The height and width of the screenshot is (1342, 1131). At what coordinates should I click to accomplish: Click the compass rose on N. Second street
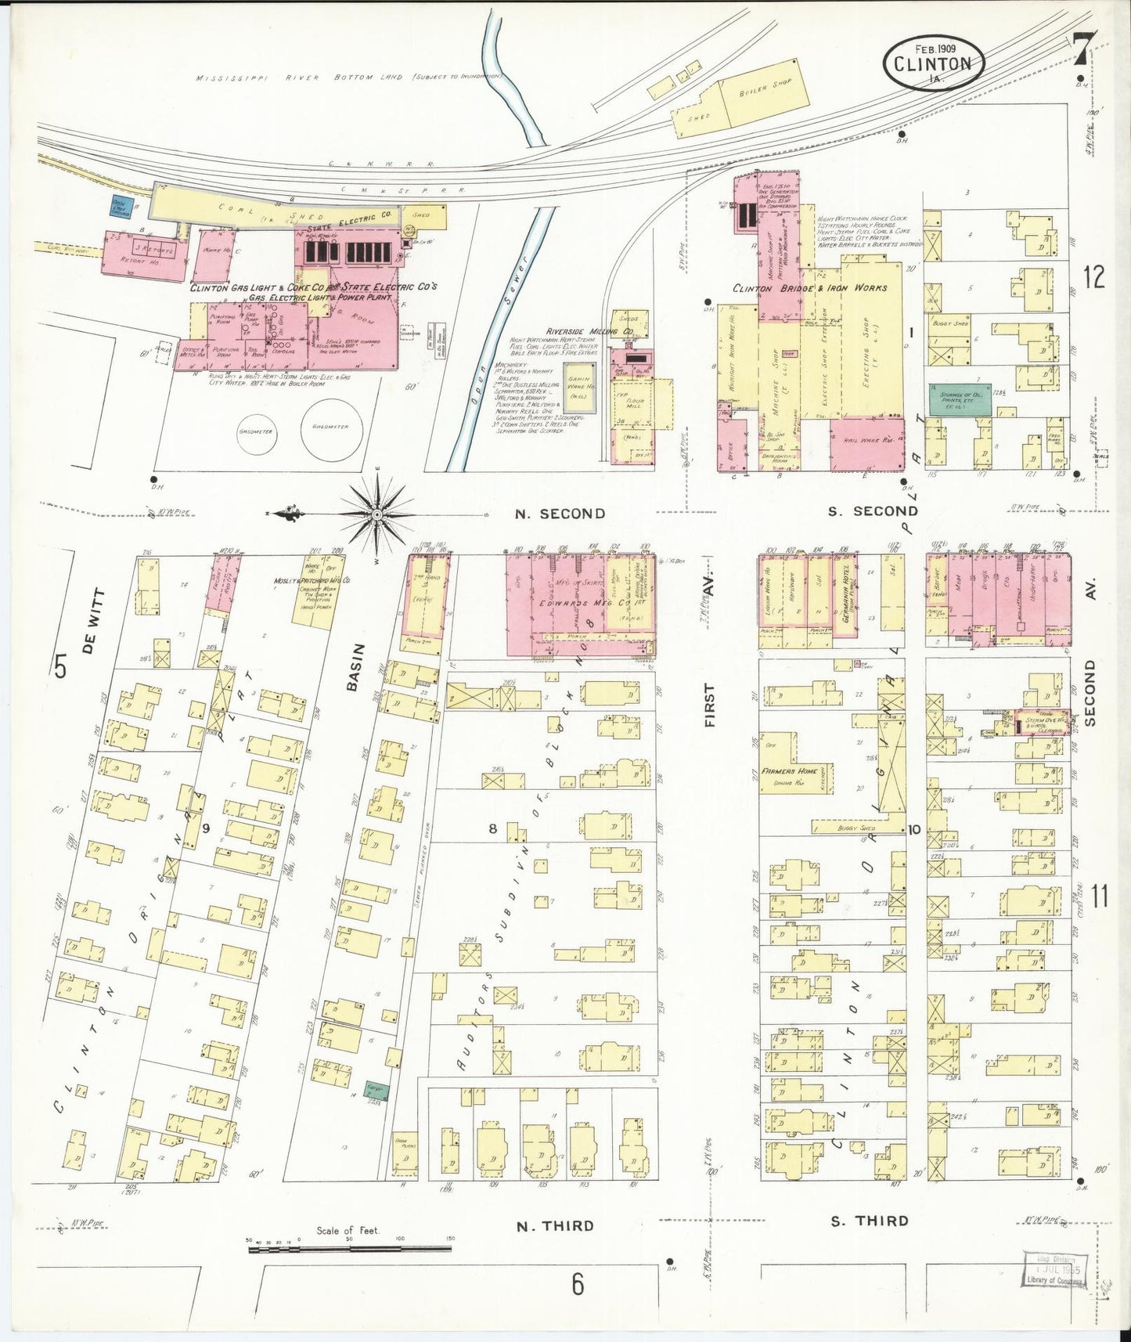tap(376, 514)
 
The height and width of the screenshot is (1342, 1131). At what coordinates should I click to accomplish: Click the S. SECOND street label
tap(872, 511)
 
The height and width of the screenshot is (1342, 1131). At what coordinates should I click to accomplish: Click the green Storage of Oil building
tap(956, 398)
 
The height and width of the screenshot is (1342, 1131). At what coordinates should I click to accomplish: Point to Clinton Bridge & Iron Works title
tap(809, 288)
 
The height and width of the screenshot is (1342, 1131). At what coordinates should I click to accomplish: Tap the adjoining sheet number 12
tap(1094, 276)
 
